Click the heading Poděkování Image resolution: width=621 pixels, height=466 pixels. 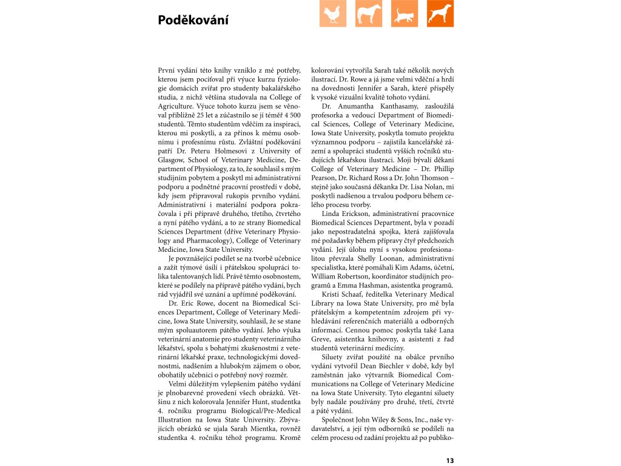pos(193,20)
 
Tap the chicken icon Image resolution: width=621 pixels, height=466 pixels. pos(332,14)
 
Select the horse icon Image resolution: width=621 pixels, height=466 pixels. pos(369,14)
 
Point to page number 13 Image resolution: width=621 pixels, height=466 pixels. pos(449,461)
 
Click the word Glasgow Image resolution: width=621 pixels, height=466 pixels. pos(171,160)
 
